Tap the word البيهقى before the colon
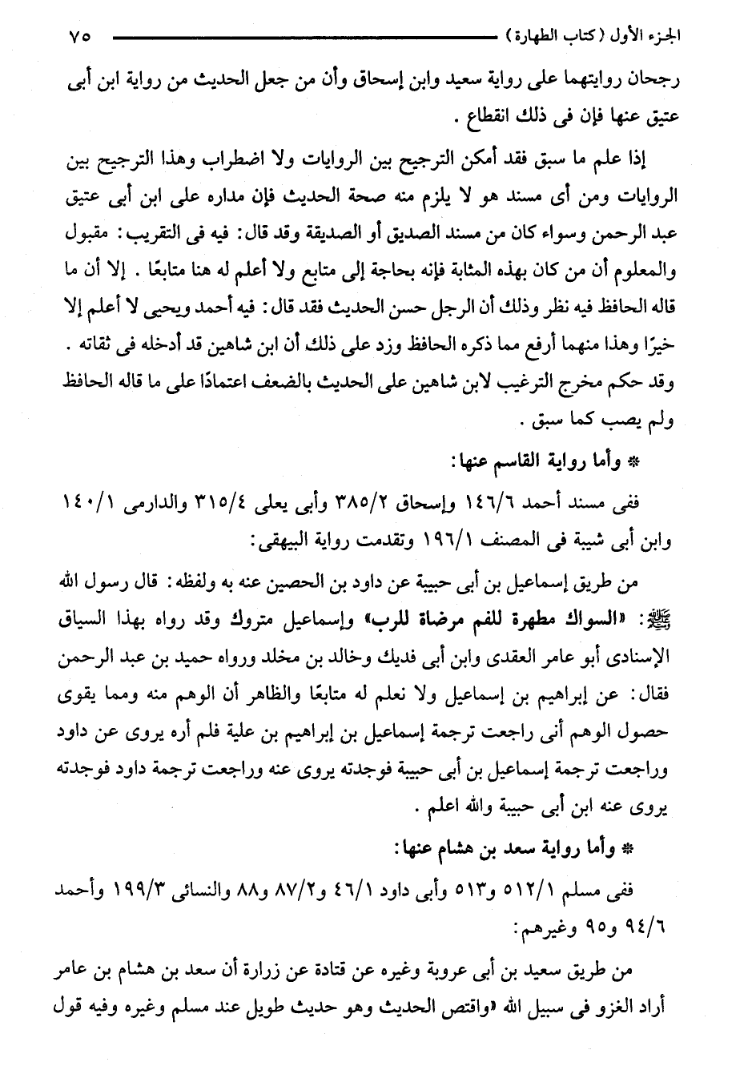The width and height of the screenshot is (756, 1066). pos(287,541)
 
